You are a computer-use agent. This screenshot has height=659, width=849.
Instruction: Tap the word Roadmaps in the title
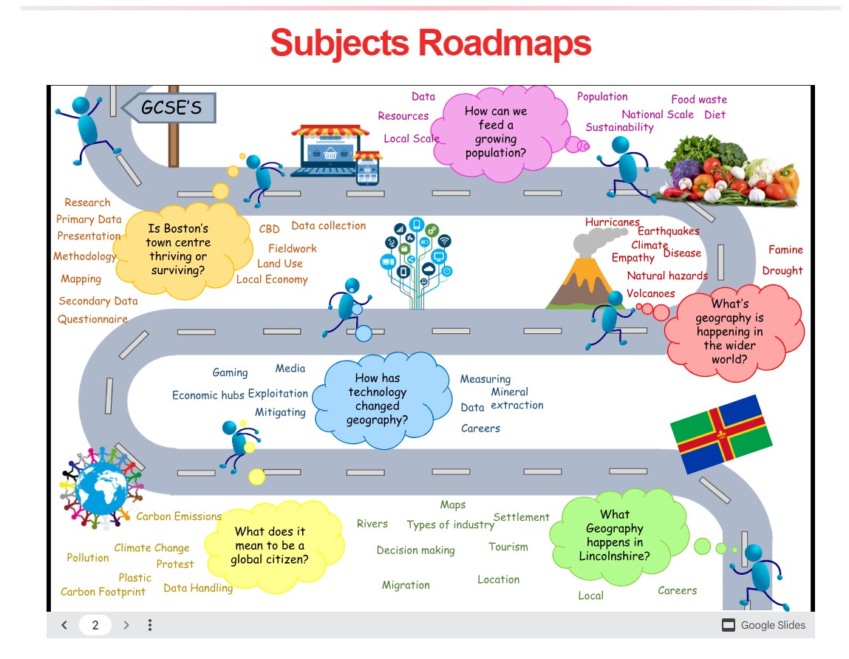click(505, 42)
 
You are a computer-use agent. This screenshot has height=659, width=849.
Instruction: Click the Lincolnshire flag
click(720, 434)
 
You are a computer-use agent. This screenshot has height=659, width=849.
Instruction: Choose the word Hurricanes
click(612, 222)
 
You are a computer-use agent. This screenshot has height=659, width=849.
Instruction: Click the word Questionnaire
click(93, 319)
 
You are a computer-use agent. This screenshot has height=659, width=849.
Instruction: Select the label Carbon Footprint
click(103, 592)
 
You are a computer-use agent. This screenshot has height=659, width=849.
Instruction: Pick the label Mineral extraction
click(516, 398)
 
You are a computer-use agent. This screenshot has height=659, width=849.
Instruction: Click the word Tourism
click(508, 547)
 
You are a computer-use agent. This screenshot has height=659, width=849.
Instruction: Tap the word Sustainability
click(619, 127)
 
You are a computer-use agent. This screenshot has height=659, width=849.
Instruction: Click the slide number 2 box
click(95, 625)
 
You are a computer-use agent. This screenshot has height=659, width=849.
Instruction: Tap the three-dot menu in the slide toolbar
click(150, 625)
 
